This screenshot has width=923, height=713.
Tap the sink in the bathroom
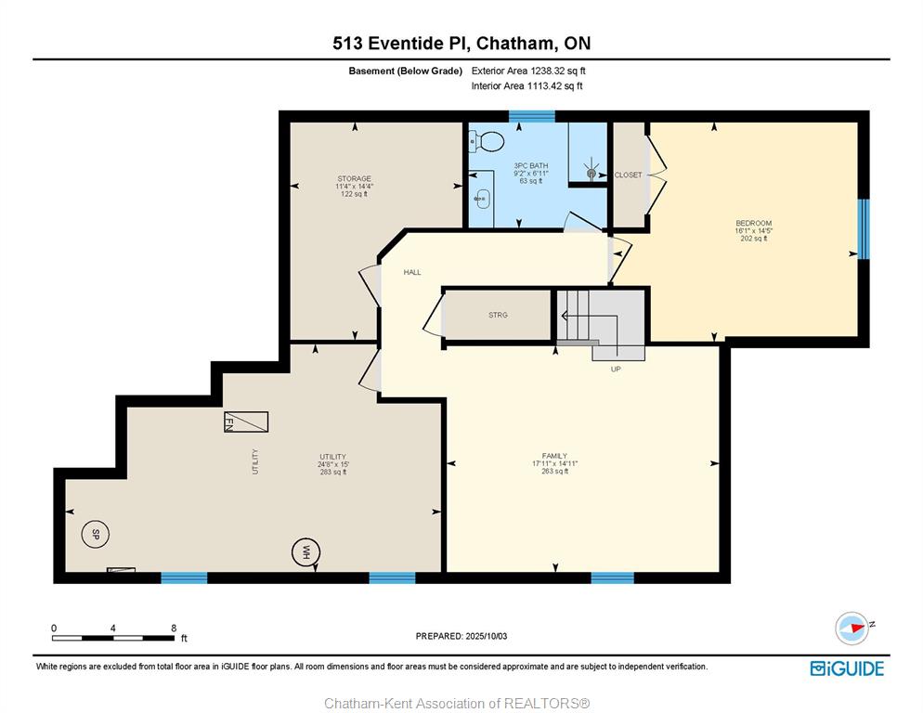tap(482, 199)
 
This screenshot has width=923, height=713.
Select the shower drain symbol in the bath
tap(591, 173)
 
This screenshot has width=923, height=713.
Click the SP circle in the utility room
tap(95, 535)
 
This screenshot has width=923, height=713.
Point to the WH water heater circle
tap(305, 551)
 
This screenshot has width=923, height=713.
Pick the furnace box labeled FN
tap(246, 421)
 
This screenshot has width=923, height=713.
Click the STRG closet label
tap(498, 315)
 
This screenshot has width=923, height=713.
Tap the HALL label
tap(412, 272)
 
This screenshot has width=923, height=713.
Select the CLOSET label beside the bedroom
tap(628, 175)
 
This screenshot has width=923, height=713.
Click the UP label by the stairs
tap(616, 369)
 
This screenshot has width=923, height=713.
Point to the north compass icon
tap(852, 628)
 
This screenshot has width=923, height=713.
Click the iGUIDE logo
tap(847, 668)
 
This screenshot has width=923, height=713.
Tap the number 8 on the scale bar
tap(174, 628)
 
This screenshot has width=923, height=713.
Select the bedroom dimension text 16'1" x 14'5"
tap(753, 231)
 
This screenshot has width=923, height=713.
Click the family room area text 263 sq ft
tap(554, 471)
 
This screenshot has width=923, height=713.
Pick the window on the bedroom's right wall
tap(863, 229)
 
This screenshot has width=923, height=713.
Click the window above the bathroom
tap(531, 116)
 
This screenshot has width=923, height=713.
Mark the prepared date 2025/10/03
tap(487, 636)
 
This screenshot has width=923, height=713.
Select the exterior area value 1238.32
tap(548, 71)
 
